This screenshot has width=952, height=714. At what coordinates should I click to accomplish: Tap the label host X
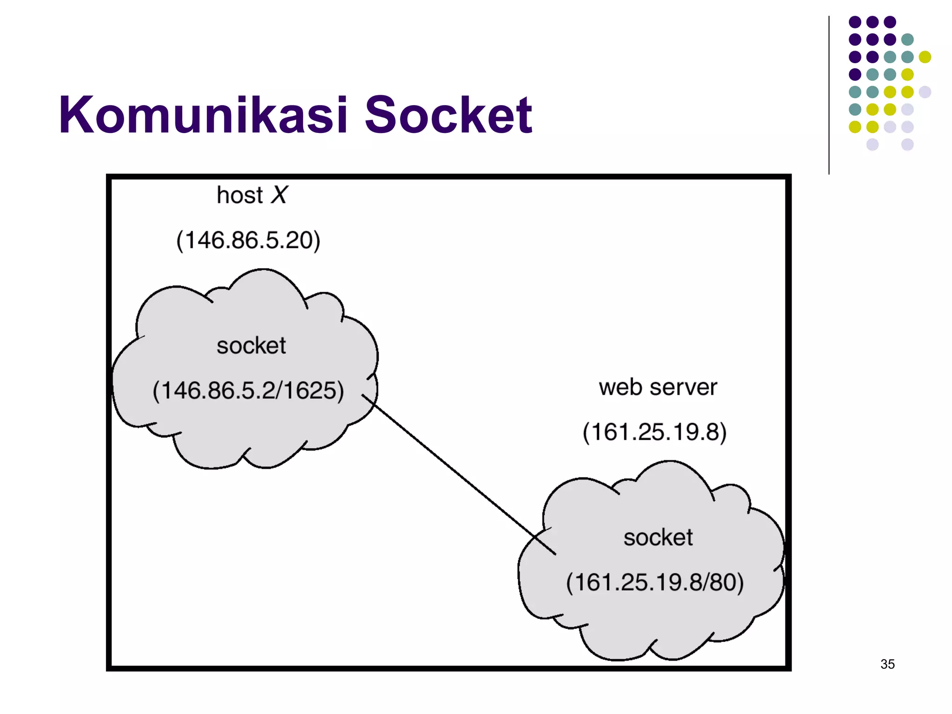point(252,195)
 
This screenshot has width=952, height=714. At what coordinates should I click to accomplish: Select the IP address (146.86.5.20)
point(248,240)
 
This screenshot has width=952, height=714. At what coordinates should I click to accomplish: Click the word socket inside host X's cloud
point(251,346)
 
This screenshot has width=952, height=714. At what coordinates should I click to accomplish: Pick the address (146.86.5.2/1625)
point(248,390)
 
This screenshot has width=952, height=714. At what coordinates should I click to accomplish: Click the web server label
point(658,387)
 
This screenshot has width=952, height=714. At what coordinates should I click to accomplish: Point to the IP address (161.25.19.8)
point(654,432)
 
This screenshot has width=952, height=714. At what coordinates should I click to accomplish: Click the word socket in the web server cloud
point(658,538)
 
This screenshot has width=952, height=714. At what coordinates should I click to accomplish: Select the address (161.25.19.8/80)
point(654,582)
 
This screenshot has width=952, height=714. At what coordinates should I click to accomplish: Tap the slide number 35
point(887,664)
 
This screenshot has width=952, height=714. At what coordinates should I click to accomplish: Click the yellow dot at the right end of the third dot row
point(925,57)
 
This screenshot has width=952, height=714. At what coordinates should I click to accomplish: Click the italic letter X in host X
point(279,195)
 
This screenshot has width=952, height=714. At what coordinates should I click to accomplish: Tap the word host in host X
point(239,195)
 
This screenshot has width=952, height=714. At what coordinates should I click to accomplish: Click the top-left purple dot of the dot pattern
point(855,22)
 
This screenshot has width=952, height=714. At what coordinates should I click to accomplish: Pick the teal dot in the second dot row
point(907,40)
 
